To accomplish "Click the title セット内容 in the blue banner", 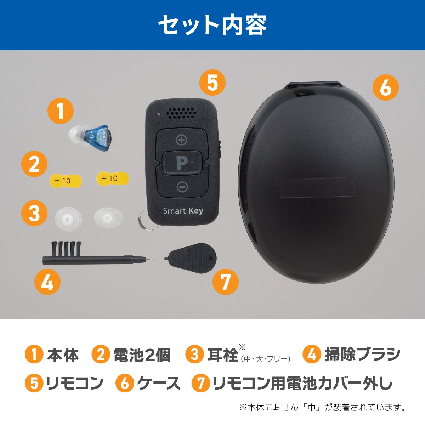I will coord(212,25).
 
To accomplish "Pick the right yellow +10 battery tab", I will coord(112,178).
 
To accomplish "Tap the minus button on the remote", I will coord(182,187).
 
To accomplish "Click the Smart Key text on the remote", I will coord(183,211).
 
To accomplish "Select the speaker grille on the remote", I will coord(181,113).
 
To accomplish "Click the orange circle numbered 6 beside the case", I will coord(385,88).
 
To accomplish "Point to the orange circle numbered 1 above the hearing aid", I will coord(61,110).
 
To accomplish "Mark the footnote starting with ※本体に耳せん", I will coord(322,407).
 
